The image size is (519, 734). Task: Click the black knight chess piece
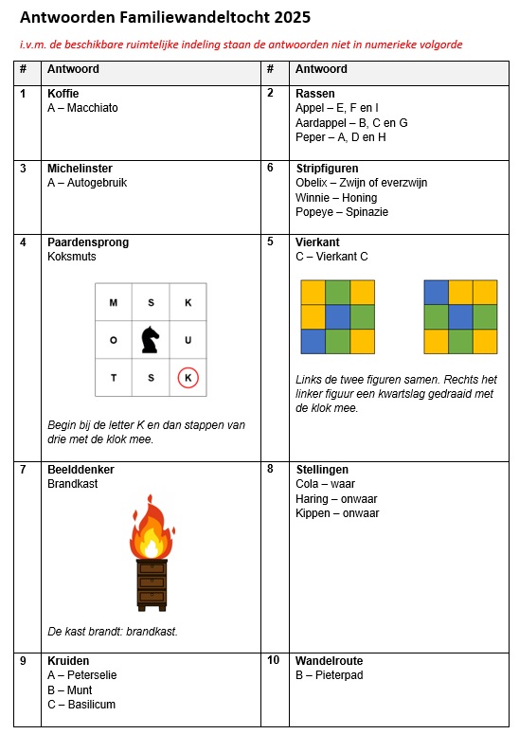pyautogui.click(x=151, y=339)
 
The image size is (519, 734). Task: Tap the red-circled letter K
pyautogui.click(x=188, y=378)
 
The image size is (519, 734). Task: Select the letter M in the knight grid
pyautogui.click(x=114, y=303)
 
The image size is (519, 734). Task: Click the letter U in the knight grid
pyautogui.click(x=188, y=340)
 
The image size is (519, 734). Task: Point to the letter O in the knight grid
pyautogui.click(x=114, y=340)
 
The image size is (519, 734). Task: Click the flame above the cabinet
pyautogui.click(x=152, y=528)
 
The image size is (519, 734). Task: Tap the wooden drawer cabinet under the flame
pyautogui.click(x=152, y=585)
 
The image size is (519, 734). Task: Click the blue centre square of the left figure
pyautogui.click(x=337, y=317)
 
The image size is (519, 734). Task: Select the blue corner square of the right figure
pyautogui.click(x=437, y=293)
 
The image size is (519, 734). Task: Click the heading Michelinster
pyautogui.click(x=80, y=169)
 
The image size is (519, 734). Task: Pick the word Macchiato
pyautogui.click(x=92, y=108)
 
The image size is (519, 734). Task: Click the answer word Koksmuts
pyautogui.click(x=72, y=257)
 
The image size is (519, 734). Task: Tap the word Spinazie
pyautogui.click(x=367, y=212)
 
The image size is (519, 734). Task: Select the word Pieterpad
pyautogui.click(x=339, y=675)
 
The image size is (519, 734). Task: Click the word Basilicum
pyautogui.click(x=91, y=705)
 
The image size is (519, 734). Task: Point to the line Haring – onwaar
pyautogui.click(x=336, y=499)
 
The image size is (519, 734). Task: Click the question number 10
pyautogui.click(x=274, y=660)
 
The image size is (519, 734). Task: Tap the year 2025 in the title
pyautogui.click(x=292, y=17)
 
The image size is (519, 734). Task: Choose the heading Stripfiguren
pyautogui.click(x=327, y=169)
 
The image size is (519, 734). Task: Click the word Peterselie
pyautogui.click(x=92, y=675)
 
